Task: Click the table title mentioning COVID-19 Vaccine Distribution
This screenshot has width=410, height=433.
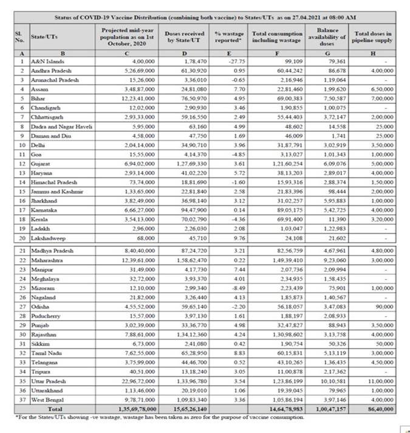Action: point(205,19)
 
